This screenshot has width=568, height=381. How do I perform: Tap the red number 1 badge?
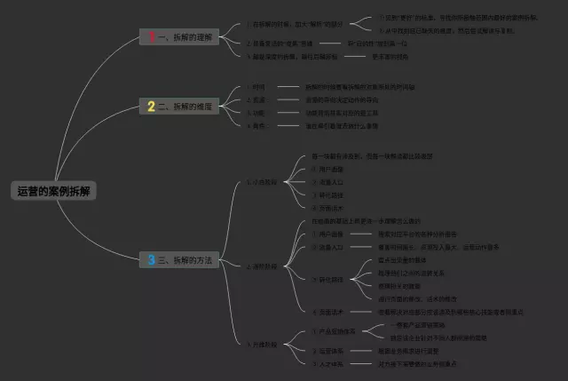[x=152, y=36]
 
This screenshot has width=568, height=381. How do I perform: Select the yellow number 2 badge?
[x=152, y=107]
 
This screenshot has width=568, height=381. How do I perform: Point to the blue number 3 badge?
[x=152, y=260]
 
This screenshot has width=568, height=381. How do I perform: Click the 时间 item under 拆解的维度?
[x=259, y=88]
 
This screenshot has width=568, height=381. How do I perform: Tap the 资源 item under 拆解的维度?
[x=259, y=100]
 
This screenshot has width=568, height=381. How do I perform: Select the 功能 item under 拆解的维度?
[x=259, y=113]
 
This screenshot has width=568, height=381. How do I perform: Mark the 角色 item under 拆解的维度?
[x=259, y=125]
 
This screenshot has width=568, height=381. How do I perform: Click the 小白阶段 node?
[x=263, y=182]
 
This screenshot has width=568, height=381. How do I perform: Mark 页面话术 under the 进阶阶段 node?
[x=329, y=312]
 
